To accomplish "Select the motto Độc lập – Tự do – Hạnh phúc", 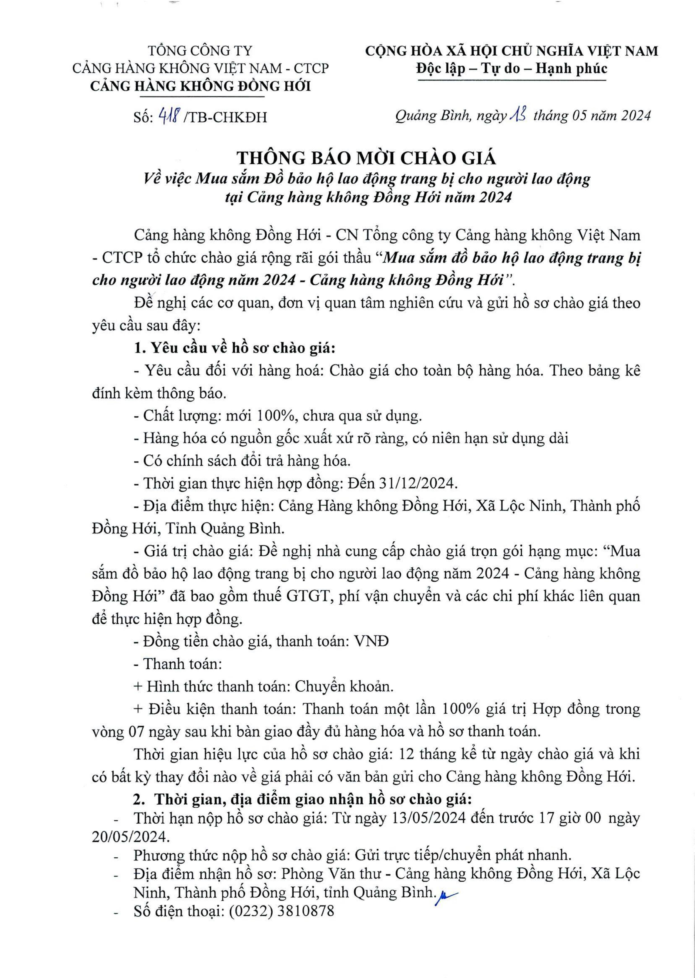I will pyautogui.click(x=511, y=69).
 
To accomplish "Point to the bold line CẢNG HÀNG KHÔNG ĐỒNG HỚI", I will pyautogui.click(x=201, y=86).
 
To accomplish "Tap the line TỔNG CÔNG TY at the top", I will pyautogui.click(x=200, y=51).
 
